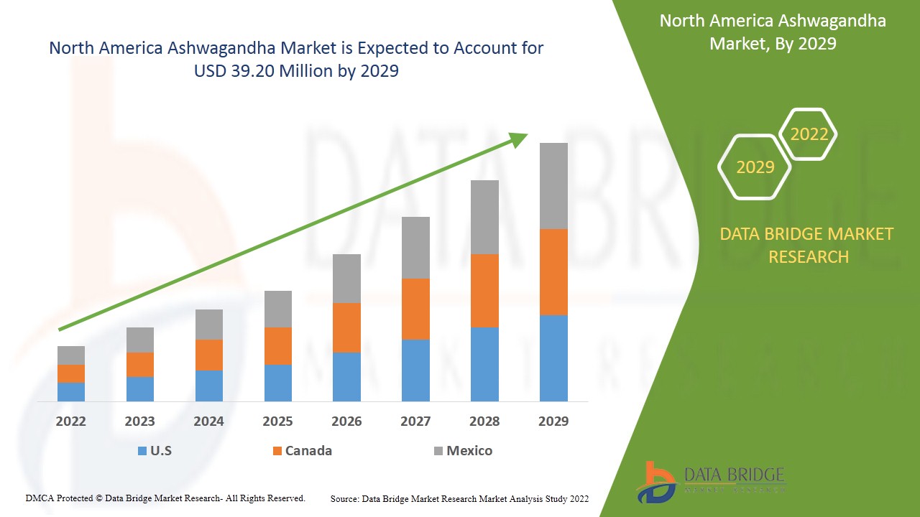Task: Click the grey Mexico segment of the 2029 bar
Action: [x=553, y=186]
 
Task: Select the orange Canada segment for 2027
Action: [x=415, y=309]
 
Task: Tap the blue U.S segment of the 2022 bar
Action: [x=71, y=391]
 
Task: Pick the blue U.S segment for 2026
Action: [x=346, y=376]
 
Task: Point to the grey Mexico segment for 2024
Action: [x=208, y=325]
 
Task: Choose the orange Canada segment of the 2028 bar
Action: [x=484, y=291]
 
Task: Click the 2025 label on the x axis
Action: [x=277, y=421]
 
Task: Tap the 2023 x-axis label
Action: [x=139, y=421]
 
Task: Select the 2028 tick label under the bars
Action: [x=484, y=421]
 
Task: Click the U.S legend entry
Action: [x=155, y=451]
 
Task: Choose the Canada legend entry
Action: [x=302, y=451]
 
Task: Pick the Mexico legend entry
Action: [x=463, y=451]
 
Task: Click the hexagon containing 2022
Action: [x=809, y=134]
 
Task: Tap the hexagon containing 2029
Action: [x=755, y=167]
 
